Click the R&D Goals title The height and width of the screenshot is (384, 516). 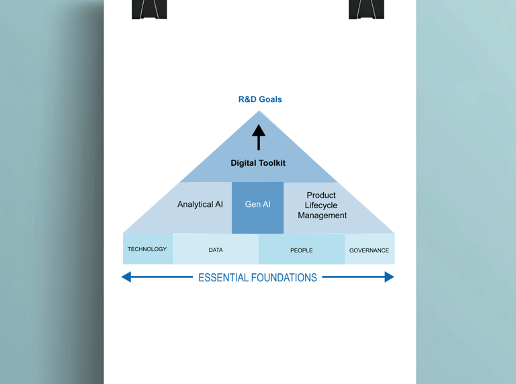260,99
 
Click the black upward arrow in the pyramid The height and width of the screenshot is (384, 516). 259,137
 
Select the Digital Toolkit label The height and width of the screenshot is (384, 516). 258,163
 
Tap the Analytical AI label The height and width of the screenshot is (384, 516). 200,204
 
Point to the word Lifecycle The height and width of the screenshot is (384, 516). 321,205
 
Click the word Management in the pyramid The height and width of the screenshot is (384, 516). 322,215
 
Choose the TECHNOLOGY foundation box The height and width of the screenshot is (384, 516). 148,249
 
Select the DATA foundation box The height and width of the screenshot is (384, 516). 216,250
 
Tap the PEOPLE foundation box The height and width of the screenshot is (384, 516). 302,250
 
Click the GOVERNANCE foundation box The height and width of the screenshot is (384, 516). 370,250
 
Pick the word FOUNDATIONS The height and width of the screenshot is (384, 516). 286,278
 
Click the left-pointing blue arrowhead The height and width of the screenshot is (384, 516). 126,277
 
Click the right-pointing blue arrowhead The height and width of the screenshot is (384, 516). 389,277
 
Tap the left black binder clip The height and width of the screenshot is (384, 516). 149,9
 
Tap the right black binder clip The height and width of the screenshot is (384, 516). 366,9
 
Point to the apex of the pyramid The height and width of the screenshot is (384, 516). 259,112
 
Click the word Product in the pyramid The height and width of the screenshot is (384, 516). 321,195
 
